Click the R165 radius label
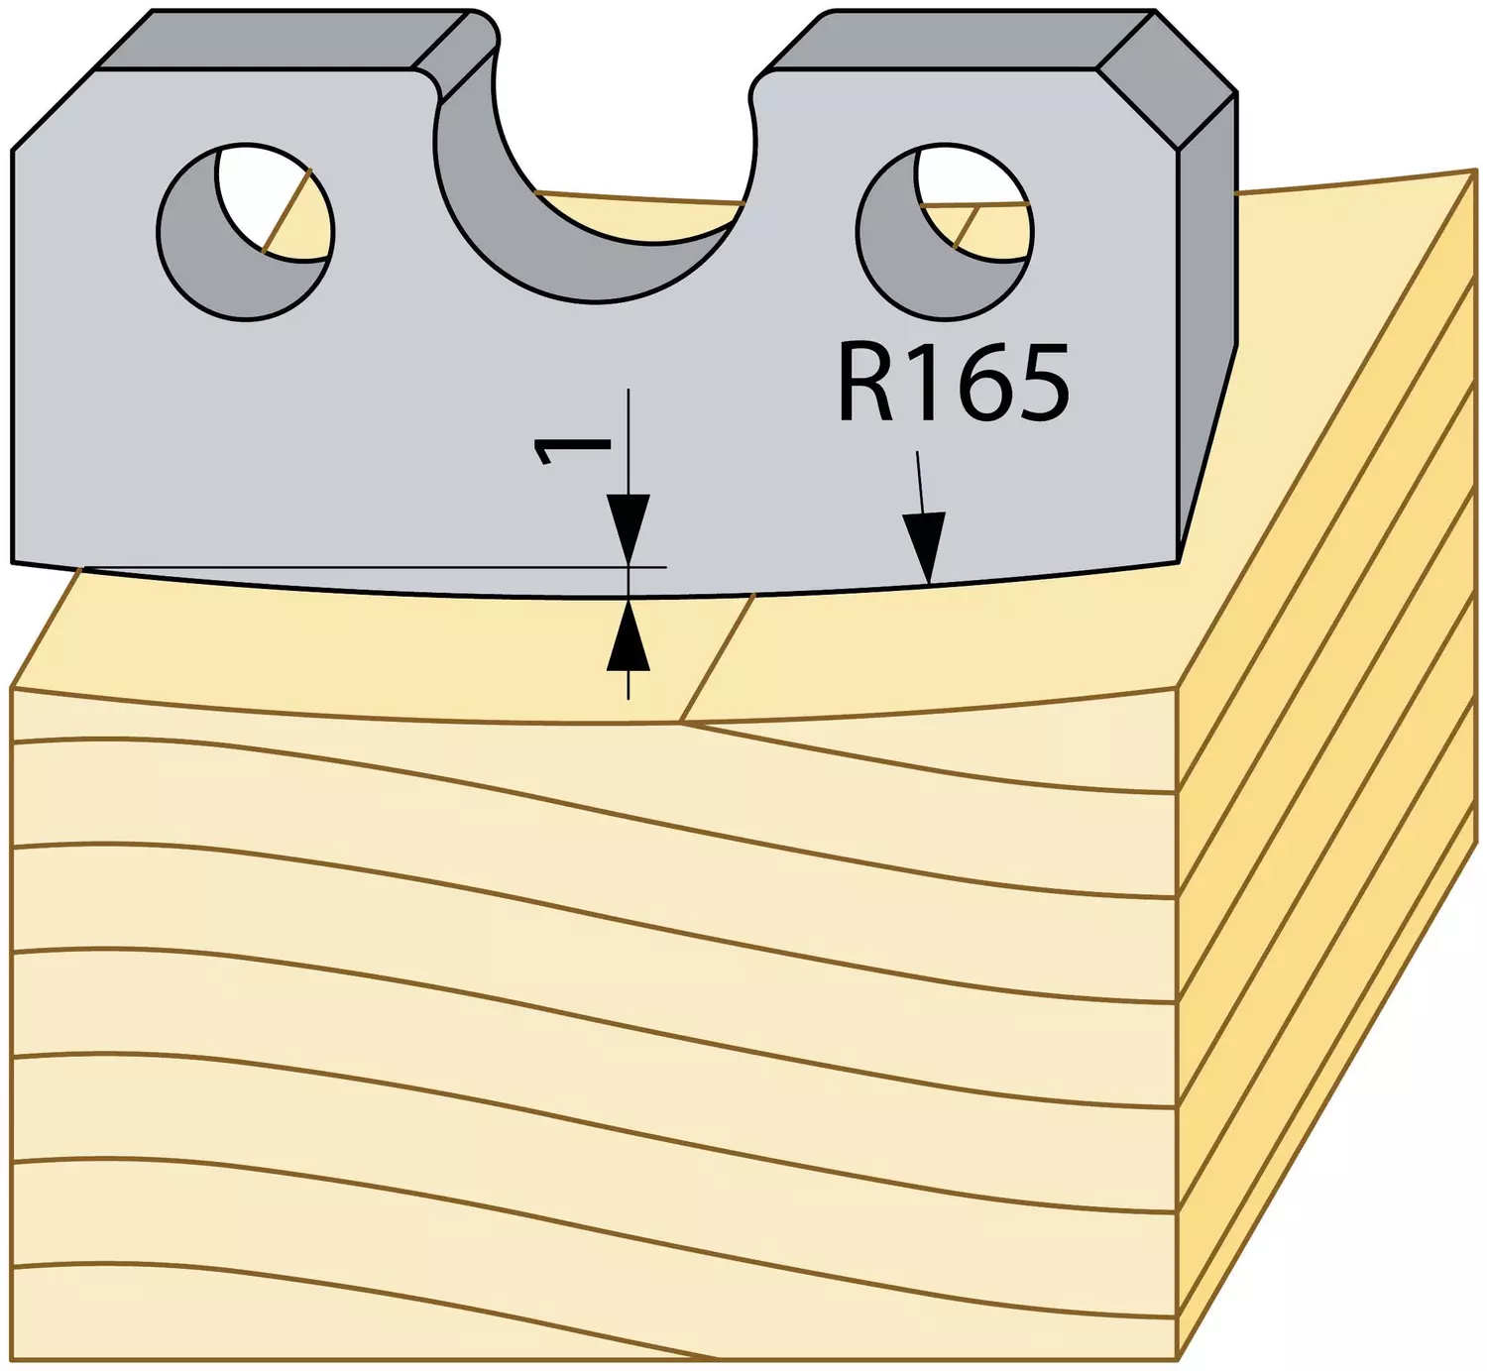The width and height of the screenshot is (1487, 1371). point(953,383)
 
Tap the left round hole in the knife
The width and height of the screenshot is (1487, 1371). point(246,232)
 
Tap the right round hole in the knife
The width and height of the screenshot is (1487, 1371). point(945,232)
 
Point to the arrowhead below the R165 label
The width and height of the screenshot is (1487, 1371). point(926,546)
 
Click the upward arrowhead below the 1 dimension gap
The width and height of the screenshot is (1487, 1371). point(629,635)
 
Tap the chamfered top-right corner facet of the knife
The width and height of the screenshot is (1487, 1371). point(1167,79)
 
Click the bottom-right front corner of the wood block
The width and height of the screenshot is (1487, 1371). point(1178,1360)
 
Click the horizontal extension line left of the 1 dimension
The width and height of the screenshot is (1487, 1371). point(375,567)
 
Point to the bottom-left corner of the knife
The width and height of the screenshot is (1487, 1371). point(12,561)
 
